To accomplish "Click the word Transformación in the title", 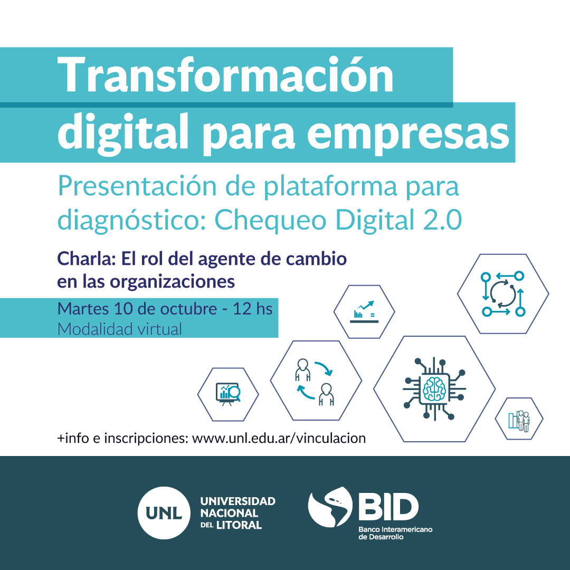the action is click(225, 75).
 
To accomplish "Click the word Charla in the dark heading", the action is click(86, 259).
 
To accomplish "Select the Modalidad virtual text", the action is click(120, 329).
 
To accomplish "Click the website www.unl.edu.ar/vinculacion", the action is click(279, 439).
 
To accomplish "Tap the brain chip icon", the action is click(434, 389).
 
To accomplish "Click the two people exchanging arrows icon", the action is click(315, 382).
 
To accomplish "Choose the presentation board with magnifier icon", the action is click(228, 394).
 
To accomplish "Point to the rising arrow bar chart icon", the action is click(364, 311).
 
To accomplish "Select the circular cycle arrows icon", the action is click(503, 294).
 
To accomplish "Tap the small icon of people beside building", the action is click(519, 421).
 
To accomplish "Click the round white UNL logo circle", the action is click(164, 513).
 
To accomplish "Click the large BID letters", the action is click(388, 507).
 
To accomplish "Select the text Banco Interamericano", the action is click(395, 529).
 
